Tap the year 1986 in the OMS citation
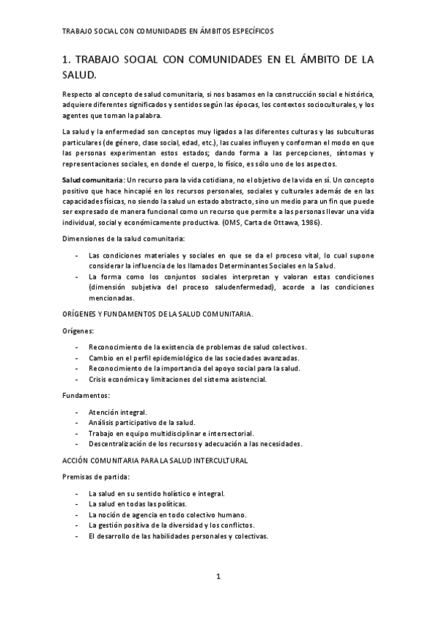click(x=307, y=222)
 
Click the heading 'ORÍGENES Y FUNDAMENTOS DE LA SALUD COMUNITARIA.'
click(x=157, y=313)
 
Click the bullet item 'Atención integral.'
click(x=117, y=412)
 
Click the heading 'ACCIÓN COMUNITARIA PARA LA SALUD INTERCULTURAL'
click(x=154, y=461)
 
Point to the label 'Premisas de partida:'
click(x=95, y=477)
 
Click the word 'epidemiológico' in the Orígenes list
click(x=161, y=357)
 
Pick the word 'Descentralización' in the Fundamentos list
click(x=119, y=444)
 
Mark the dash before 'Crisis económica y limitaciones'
click(x=78, y=379)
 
